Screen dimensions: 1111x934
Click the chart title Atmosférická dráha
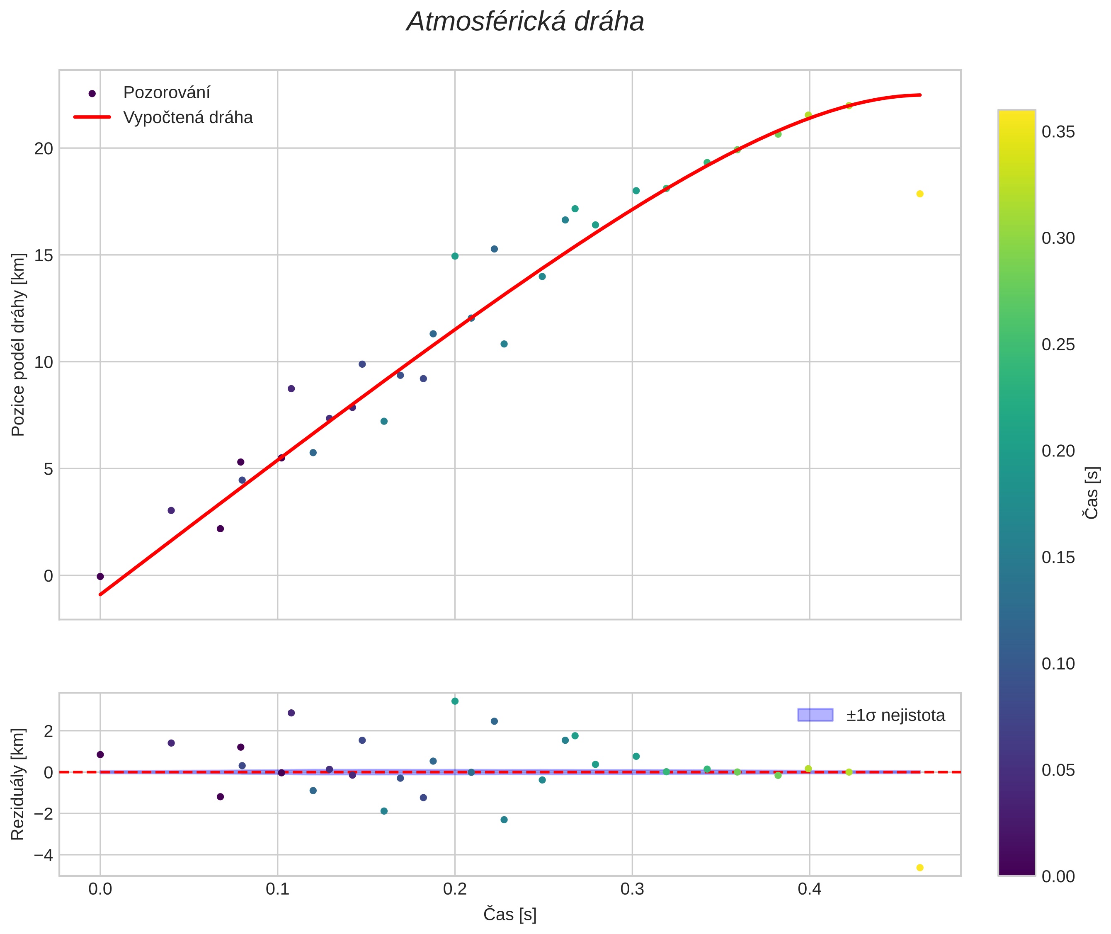525,22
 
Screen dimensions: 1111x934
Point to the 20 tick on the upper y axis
44,148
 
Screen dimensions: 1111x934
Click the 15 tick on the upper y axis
44,255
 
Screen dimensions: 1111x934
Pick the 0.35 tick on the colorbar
1058,132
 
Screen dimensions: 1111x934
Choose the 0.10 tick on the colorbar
1058,664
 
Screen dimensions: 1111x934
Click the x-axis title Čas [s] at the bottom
510,915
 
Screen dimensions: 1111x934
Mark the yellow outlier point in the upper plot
920,194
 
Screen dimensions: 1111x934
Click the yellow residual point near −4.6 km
920,868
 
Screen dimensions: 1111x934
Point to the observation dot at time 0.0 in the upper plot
100,577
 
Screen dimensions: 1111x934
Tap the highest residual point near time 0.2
455,701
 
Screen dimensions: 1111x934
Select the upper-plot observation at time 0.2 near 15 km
455,256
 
